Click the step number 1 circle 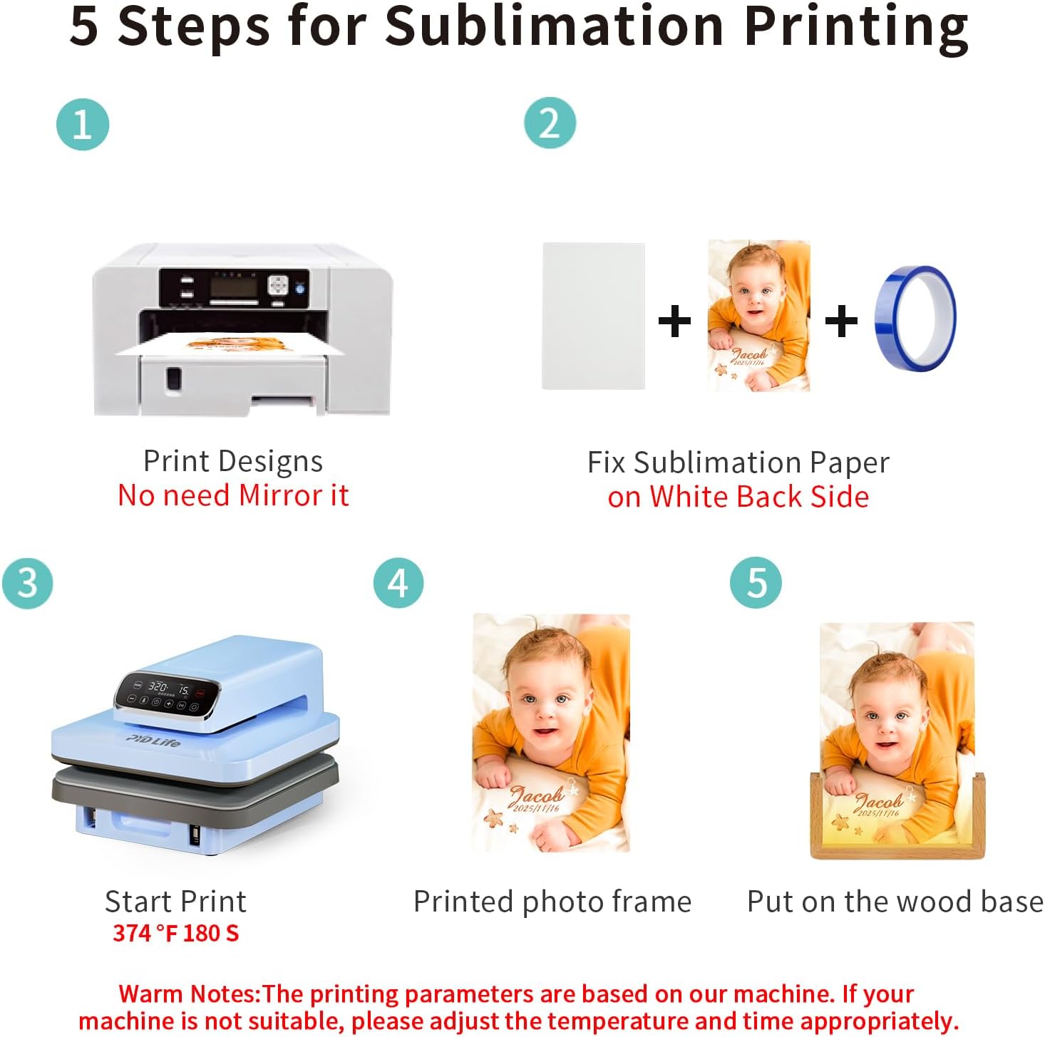[x=83, y=124]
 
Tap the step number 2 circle [x=550, y=123]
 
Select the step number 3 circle [x=28, y=583]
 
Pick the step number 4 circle [x=398, y=582]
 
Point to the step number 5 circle [x=756, y=582]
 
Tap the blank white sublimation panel [x=593, y=316]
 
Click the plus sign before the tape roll [x=841, y=321]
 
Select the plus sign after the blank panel [x=674, y=321]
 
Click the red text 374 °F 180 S [x=175, y=932]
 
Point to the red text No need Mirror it [x=233, y=495]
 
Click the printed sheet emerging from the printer [x=230, y=346]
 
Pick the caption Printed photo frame [x=552, y=902]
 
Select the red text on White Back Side [x=738, y=496]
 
